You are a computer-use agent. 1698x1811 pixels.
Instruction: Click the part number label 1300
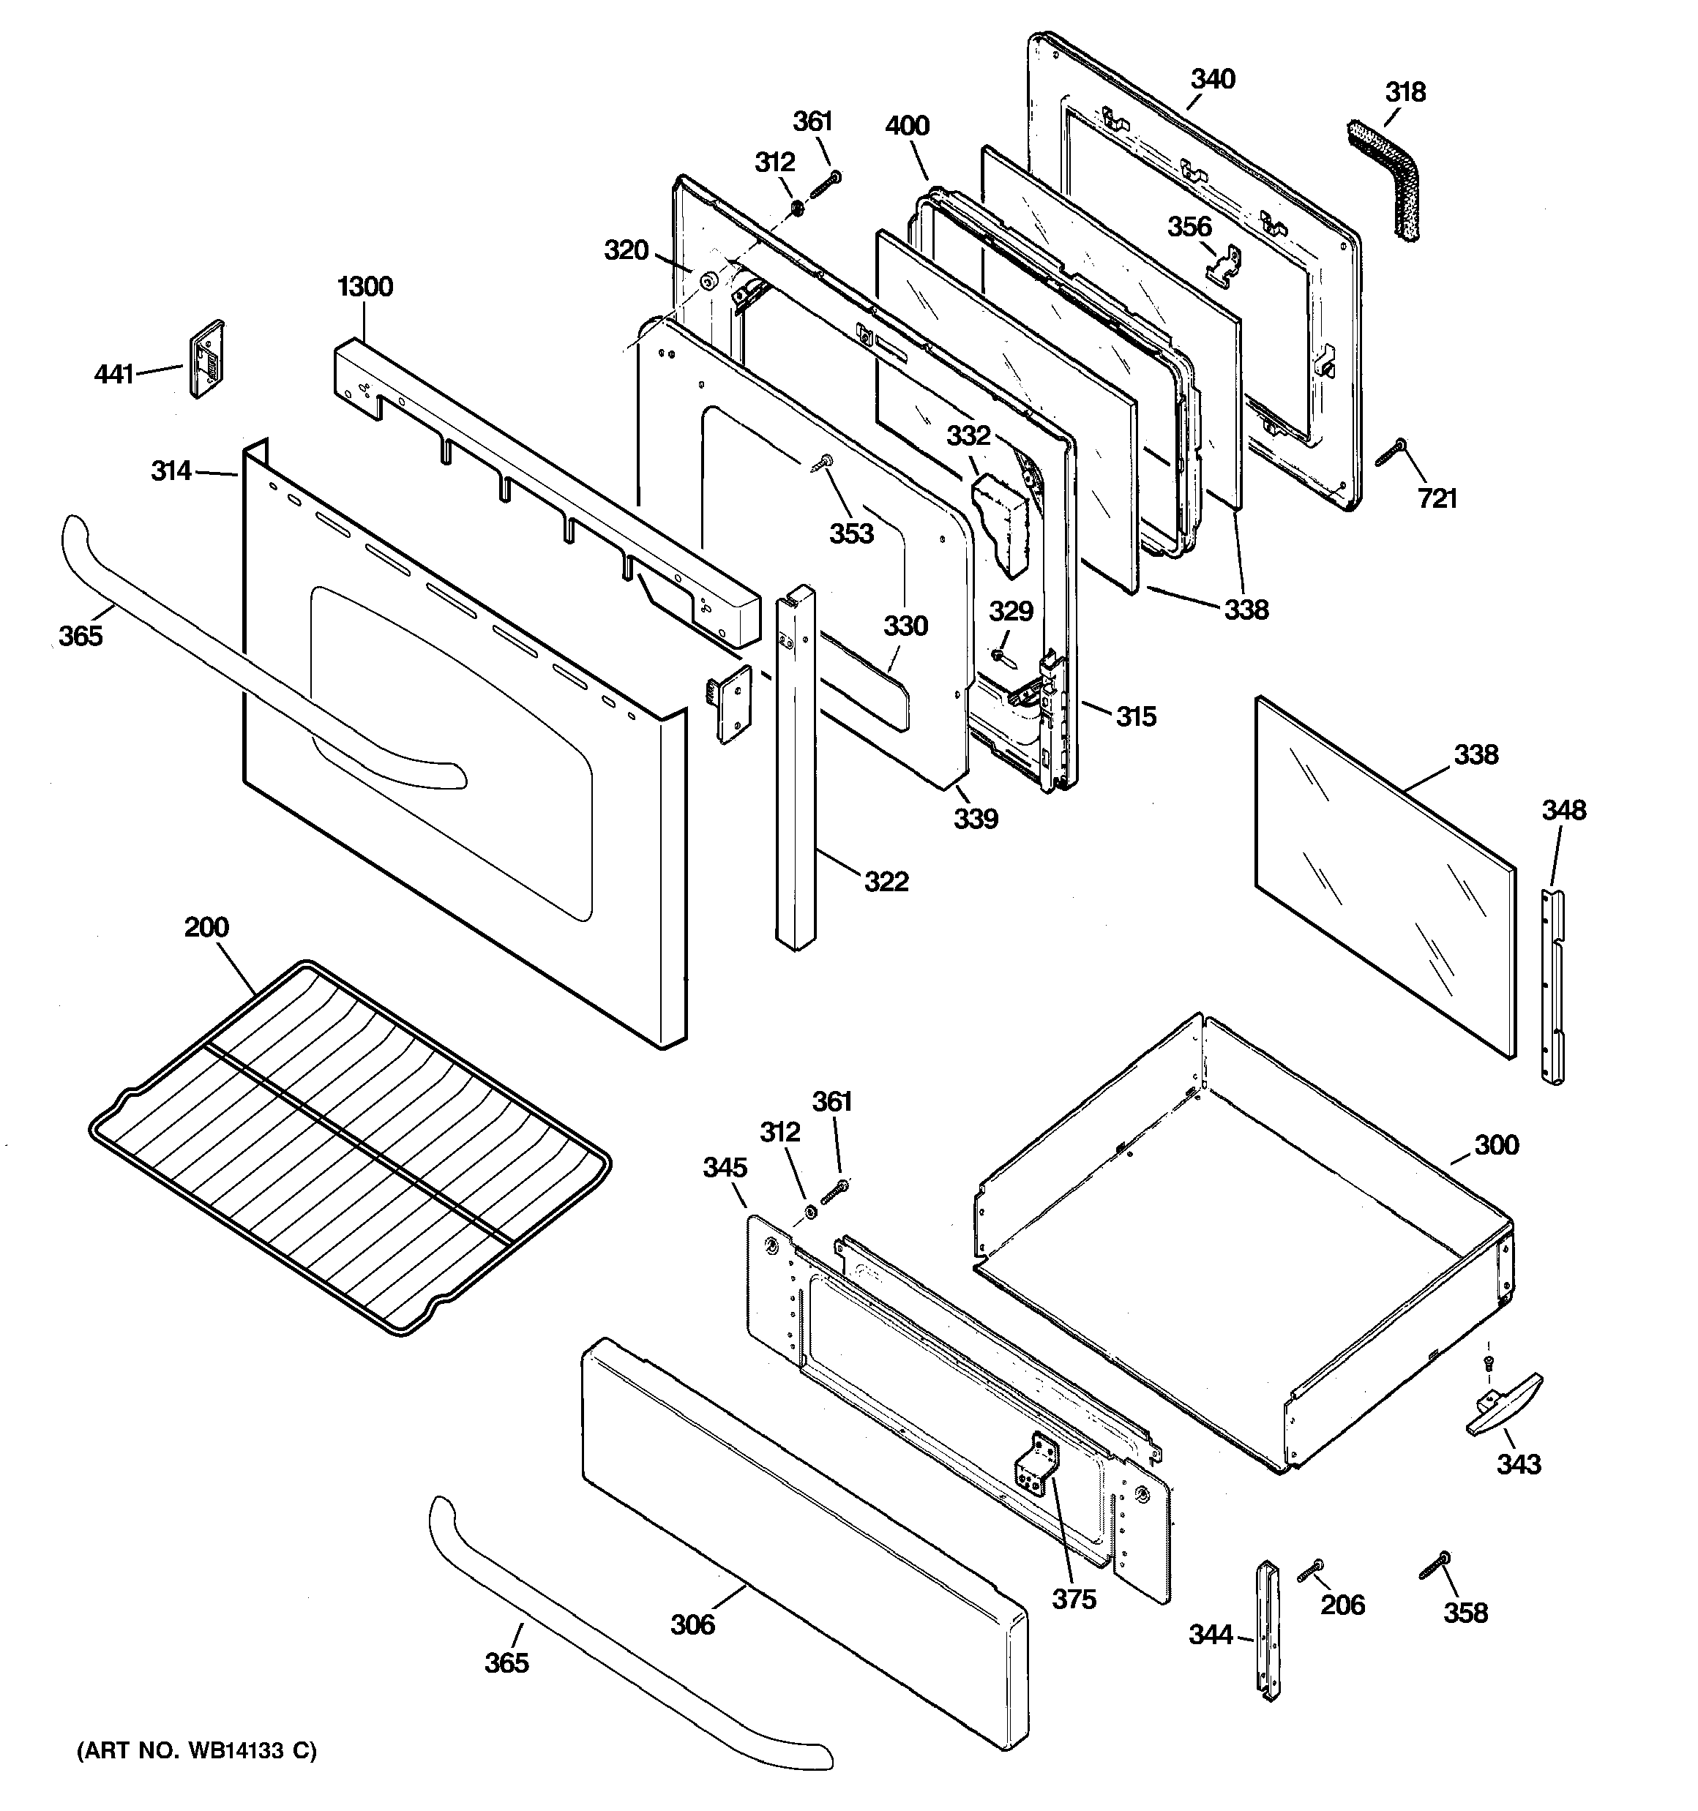click(x=364, y=287)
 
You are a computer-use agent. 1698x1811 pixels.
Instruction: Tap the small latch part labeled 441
click(x=207, y=359)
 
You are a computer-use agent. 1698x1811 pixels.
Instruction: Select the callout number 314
click(x=171, y=471)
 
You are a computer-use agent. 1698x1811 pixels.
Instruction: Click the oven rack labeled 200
click(x=351, y=1148)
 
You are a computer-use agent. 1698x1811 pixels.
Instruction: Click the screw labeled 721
click(x=1392, y=453)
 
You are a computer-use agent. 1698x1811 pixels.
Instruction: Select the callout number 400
click(x=907, y=126)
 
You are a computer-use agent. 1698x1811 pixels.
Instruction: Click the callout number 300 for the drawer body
click(x=1496, y=1145)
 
